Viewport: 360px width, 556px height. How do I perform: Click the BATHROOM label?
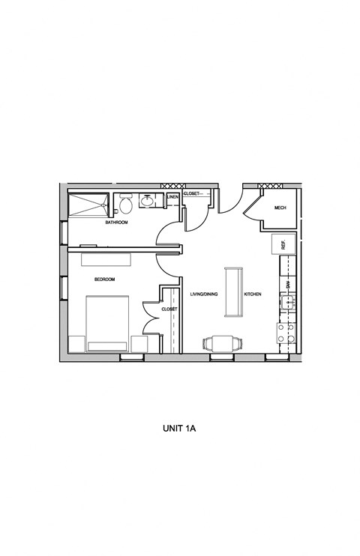tap(116, 223)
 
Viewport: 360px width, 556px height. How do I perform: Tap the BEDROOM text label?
tap(104, 279)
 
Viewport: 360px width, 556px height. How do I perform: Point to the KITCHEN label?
tap(252, 294)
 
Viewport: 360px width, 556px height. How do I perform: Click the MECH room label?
tap(280, 208)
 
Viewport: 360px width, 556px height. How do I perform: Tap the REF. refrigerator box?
tap(285, 244)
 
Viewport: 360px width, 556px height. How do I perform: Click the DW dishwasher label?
tap(287, 285)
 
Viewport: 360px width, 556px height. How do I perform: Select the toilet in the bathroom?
tap(126, 202)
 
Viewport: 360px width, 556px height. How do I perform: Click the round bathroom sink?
tap(148, 201)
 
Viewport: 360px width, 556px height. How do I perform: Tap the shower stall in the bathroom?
tap(88, 204)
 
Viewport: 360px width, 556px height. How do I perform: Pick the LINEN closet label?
tap(172, 197)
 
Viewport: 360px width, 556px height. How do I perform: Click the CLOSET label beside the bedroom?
tap(169, 309)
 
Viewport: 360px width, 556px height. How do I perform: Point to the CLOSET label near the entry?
tap(191, 193)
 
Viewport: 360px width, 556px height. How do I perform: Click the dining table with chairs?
tap(223, 342)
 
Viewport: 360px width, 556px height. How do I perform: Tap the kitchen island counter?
tap(233, 291)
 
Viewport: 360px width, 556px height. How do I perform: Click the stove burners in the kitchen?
tap(286, 333)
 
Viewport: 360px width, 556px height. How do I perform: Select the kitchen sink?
tap(286, 303)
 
